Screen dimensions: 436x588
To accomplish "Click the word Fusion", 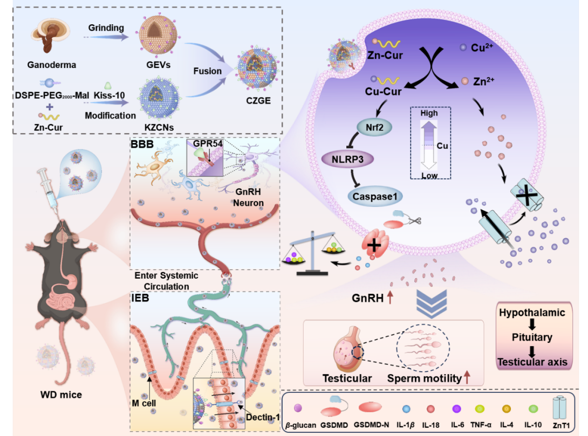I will [207, 71].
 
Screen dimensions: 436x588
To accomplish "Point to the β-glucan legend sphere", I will [298, 410].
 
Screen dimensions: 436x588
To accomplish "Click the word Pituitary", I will [532, 337].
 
